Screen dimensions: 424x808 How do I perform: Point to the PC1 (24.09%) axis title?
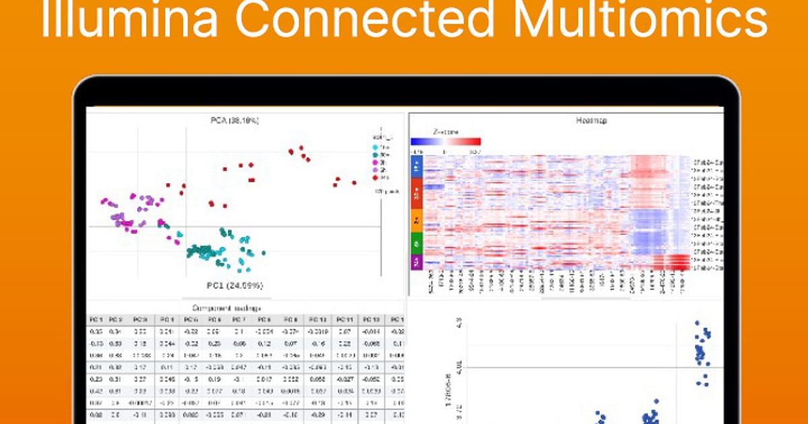(235, 285)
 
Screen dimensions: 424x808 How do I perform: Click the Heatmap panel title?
(592, 120)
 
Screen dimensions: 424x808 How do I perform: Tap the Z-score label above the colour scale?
(445, 133)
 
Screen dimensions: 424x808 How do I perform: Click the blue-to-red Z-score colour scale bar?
(445, 141)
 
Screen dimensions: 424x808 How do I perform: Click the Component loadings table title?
(227, 308)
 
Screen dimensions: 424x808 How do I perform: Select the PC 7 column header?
(238, 320)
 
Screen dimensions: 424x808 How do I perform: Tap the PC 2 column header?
(116, 320)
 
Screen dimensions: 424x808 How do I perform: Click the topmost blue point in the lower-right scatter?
(697, 323)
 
